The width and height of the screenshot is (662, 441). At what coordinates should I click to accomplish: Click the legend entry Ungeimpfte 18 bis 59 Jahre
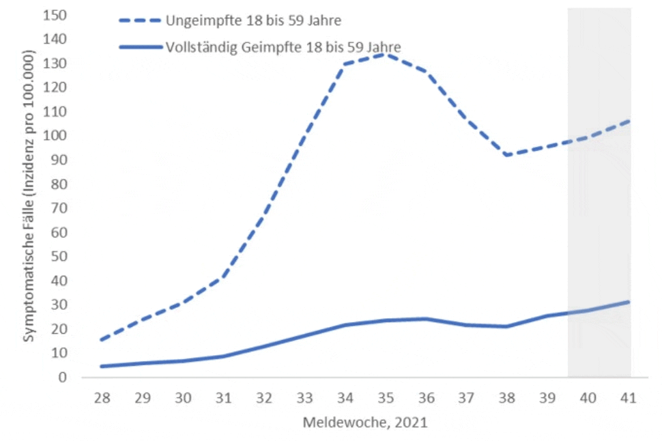click(253, 20)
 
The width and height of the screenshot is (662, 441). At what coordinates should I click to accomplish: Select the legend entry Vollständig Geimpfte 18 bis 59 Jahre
click(283, 46)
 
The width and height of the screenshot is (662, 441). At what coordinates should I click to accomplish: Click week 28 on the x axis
click(102, 397)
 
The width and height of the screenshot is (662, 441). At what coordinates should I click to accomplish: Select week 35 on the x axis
click(386, 397)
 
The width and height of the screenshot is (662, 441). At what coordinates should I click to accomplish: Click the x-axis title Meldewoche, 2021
click(365, 423)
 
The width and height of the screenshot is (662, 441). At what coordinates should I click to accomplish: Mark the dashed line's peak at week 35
click(386, 53)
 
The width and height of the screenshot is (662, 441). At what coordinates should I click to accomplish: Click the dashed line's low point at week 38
click(506, 155)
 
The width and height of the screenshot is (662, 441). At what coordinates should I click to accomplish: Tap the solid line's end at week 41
click(629, 301)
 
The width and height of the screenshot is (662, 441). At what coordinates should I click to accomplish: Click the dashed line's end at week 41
click(629, 121)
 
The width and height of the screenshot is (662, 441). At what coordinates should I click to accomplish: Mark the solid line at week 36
click(426, 319)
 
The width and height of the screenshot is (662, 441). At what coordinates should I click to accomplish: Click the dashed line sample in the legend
click(139, 20)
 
